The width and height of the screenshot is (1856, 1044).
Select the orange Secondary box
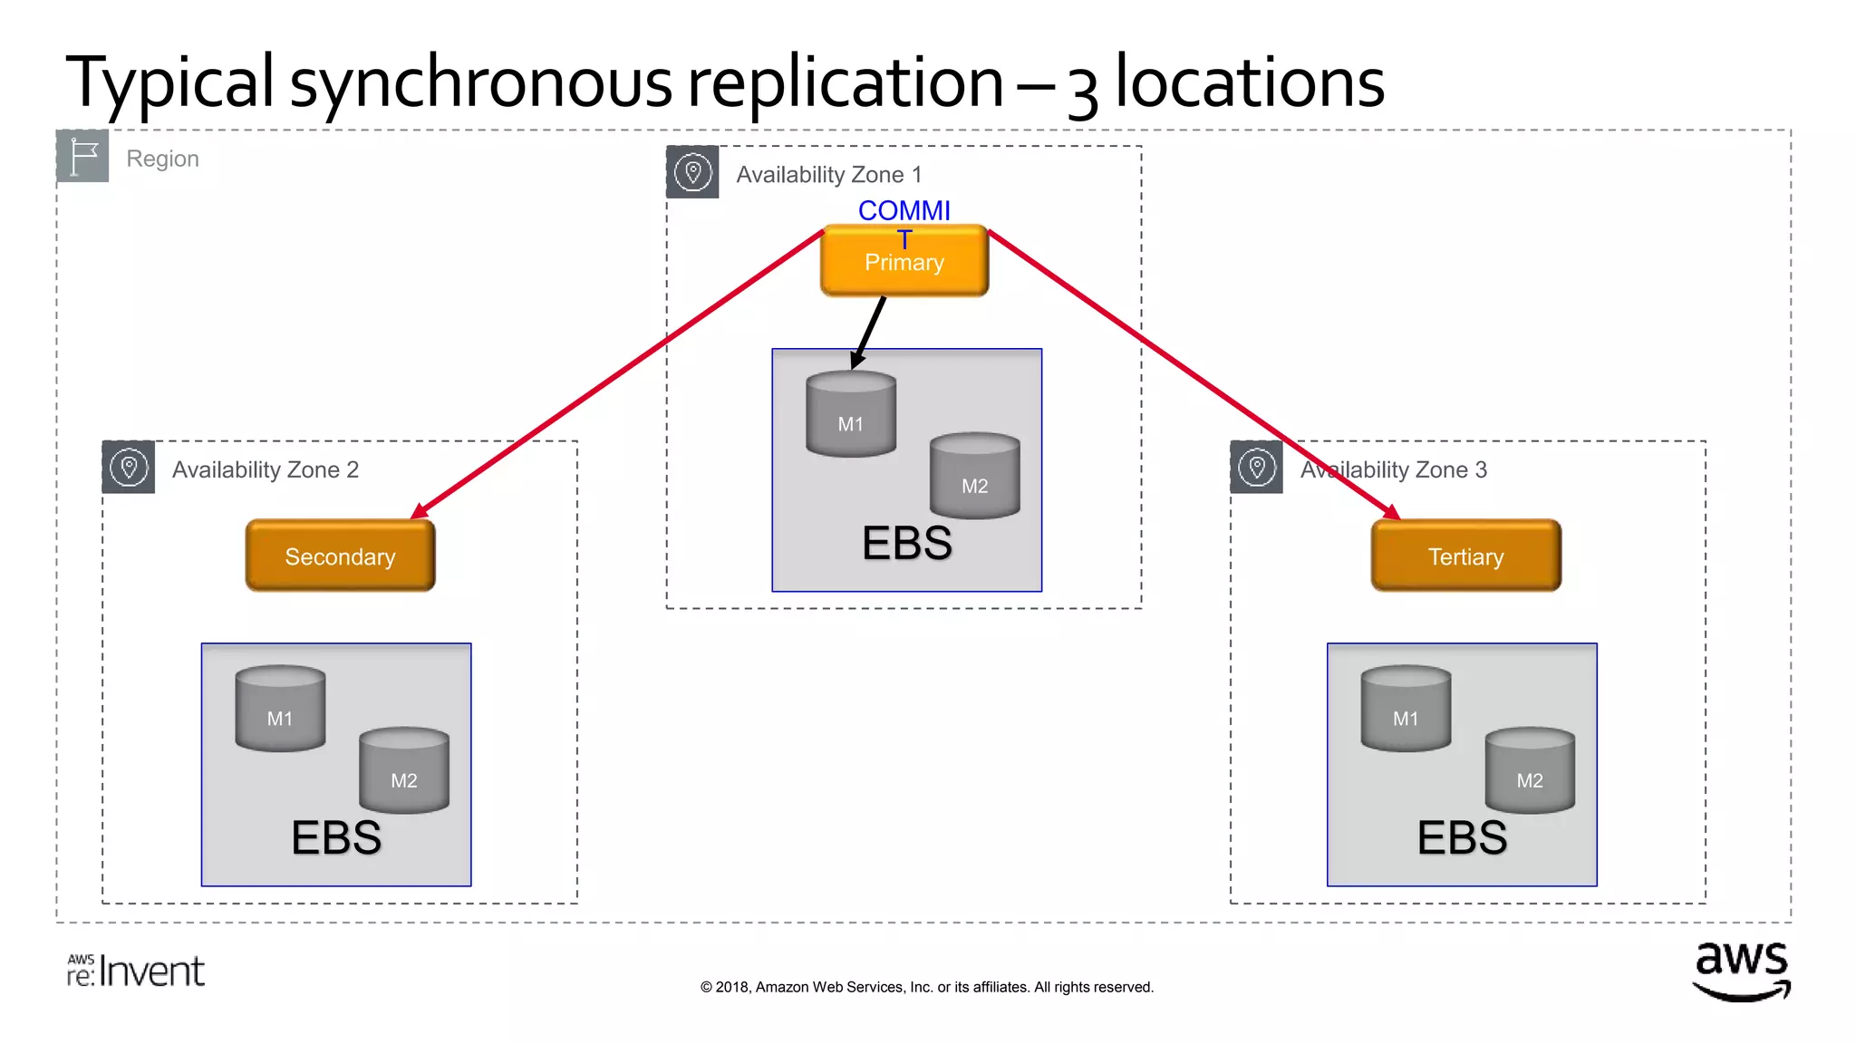click(340, 556)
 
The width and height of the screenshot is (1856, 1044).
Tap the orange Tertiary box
click(1465, 556)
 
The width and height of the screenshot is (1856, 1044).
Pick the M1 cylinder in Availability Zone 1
click(850, 414)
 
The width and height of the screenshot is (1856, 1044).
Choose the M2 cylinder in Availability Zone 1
click(974, 476)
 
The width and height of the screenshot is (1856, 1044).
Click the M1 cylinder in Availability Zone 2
click(280, 709)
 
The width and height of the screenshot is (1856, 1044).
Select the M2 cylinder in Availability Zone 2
click(404, 770)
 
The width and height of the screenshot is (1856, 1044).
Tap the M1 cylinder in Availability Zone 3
click(1406, 709)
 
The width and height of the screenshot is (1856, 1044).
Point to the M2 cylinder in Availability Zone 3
click(1530, 770)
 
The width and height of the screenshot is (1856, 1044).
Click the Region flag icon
click(82, 156)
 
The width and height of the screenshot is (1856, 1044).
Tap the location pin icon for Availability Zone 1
click(692, 172)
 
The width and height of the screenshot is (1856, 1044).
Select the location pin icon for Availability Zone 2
click(129, 468)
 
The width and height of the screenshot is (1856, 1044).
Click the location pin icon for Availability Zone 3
click(1256, 468)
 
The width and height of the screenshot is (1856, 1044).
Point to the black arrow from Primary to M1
click(868, 332)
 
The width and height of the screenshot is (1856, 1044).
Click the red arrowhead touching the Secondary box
click(420, 511)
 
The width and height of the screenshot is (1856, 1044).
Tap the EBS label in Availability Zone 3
click(1461, 837)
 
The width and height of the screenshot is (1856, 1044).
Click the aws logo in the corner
click(1741, 971)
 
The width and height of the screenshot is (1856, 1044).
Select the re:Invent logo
click(136, 971)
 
